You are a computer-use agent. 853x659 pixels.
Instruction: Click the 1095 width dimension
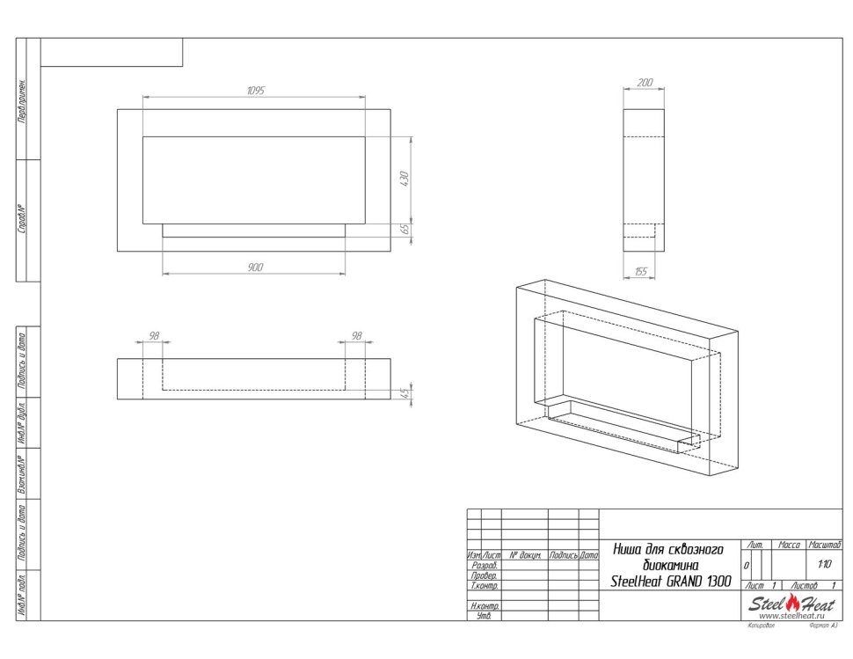coord(255,91)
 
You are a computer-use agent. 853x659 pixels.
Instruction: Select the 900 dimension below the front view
coord(255,267)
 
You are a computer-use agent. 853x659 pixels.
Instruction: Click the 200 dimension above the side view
coord(644,82)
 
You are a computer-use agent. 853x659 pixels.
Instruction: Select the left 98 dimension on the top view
coord(153,336)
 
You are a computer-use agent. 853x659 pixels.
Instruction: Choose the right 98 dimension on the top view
coord(356,336)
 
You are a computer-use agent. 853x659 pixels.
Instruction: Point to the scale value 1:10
coord(824,565)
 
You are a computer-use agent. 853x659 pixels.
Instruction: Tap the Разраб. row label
coord(485,566)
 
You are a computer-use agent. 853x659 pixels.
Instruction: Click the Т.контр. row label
coord(485,585)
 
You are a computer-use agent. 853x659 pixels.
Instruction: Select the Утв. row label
coord(485,616)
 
